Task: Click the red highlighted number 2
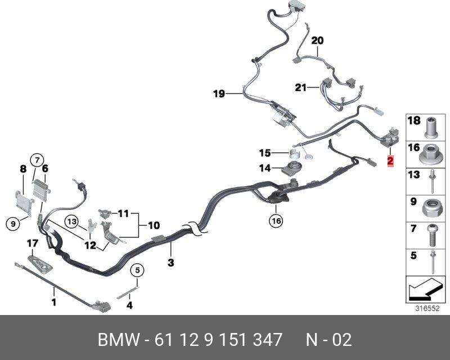tap(390, 161)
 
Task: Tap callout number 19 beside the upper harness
tap(219, 94)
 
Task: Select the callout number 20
tap(317, 40)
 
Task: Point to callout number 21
tap(301, 87)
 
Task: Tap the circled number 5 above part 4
tap(135, 271)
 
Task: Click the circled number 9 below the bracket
tap(12, 224)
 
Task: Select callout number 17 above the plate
tap(33, 244)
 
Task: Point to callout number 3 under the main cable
tap(170, 263)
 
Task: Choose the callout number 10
tap(154, 226)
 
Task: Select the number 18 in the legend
tap(413, 121)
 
